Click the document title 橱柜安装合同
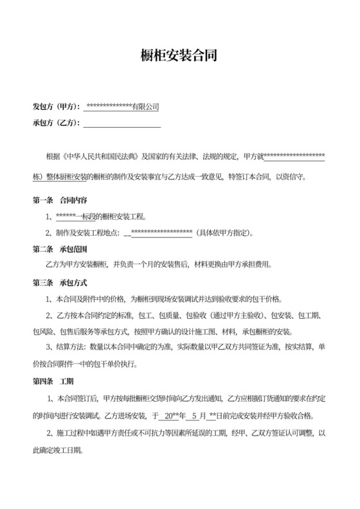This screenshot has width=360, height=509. point(179,56)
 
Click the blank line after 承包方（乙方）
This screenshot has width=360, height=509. point(122,123)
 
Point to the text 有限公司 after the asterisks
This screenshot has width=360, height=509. point(145,107)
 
